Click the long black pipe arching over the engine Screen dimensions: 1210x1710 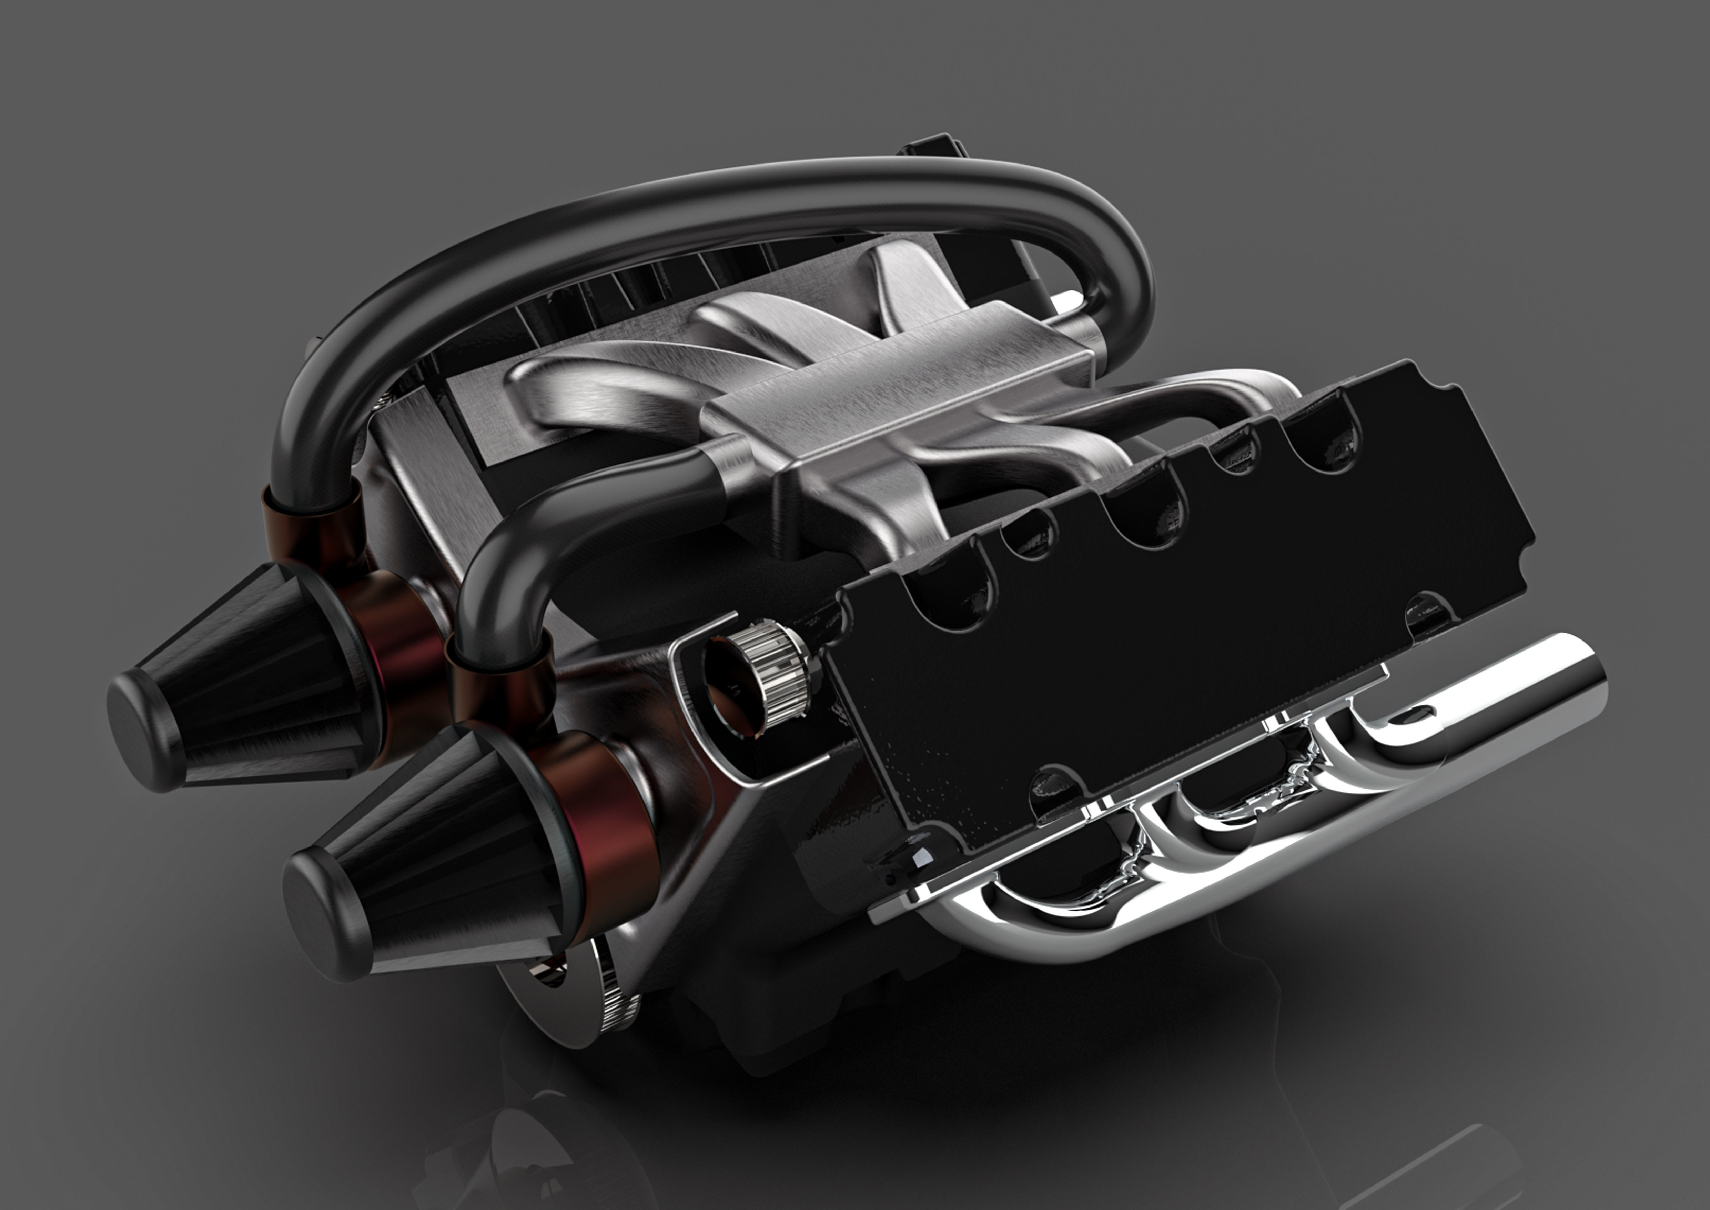(670, 197)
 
